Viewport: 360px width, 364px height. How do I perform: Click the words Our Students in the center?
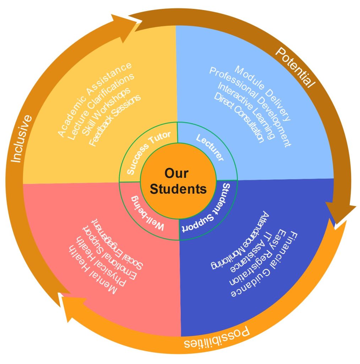(x=178, y=181)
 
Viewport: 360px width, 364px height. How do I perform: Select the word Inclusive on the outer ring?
(x=21, y=139)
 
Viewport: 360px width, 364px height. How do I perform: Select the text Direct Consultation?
(x=239, y=117)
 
